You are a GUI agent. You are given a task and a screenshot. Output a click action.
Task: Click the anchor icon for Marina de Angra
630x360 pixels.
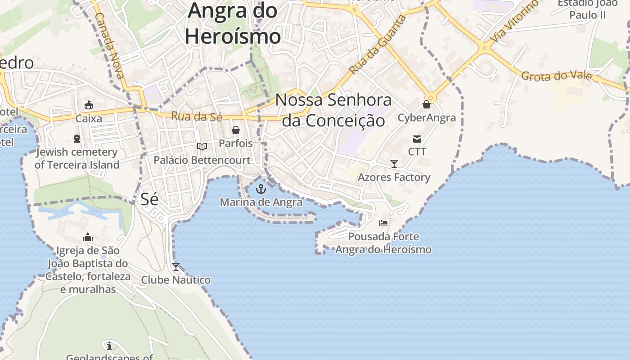click(x=261, y=189)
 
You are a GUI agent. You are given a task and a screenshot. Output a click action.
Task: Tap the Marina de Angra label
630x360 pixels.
click(x=261, y=202)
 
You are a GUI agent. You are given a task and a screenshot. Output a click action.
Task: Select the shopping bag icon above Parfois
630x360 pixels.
click(x=235, y=130)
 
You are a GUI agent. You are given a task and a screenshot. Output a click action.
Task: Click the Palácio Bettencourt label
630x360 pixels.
click(x=202, y=160)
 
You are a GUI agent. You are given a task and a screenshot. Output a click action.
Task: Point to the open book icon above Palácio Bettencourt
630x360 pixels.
click(x=202, y=147)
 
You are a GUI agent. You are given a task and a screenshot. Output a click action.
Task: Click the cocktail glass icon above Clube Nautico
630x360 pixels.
click(x=176, y=267)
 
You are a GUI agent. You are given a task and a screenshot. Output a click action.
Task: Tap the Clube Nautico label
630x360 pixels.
click(x=176, y=280)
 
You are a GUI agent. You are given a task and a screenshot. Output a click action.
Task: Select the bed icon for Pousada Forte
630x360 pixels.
click(x=383, y=223)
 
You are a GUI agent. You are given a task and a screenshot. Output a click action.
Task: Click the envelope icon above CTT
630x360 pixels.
click(x=417, y=139)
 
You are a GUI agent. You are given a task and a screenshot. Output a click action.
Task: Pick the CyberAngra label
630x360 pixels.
click(x=427, y=118)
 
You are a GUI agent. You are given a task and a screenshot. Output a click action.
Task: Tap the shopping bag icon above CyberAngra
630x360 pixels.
click(x=427, y=105)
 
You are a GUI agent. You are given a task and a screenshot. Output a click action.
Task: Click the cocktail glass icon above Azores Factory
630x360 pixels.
click(x=394, y=164)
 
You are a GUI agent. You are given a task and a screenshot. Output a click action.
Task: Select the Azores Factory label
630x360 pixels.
click(x=394, y=177)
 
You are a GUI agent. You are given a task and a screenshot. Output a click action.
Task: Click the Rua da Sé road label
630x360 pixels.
click(x=197, y=117)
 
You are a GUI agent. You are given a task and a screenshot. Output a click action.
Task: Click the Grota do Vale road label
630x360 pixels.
click(x=556, y=76)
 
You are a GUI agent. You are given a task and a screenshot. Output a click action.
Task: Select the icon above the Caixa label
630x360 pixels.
click(x=89, y=105)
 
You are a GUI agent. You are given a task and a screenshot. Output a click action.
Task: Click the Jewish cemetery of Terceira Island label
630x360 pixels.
click(x=77, y=158)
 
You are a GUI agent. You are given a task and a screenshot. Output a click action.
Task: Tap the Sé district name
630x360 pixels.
click(x=149, y=199)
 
